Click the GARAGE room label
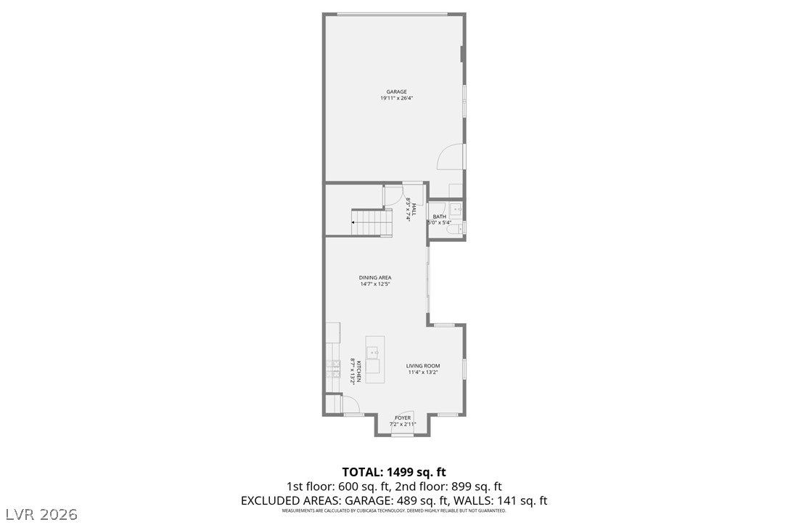(396, 92)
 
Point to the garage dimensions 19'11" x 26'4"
(396, 99)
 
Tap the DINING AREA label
(375, 277)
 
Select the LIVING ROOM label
(423, 366)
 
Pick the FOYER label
(403, 418)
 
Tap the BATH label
(440, 216)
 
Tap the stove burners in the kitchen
(333, 370)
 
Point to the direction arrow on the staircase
(354, 224)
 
